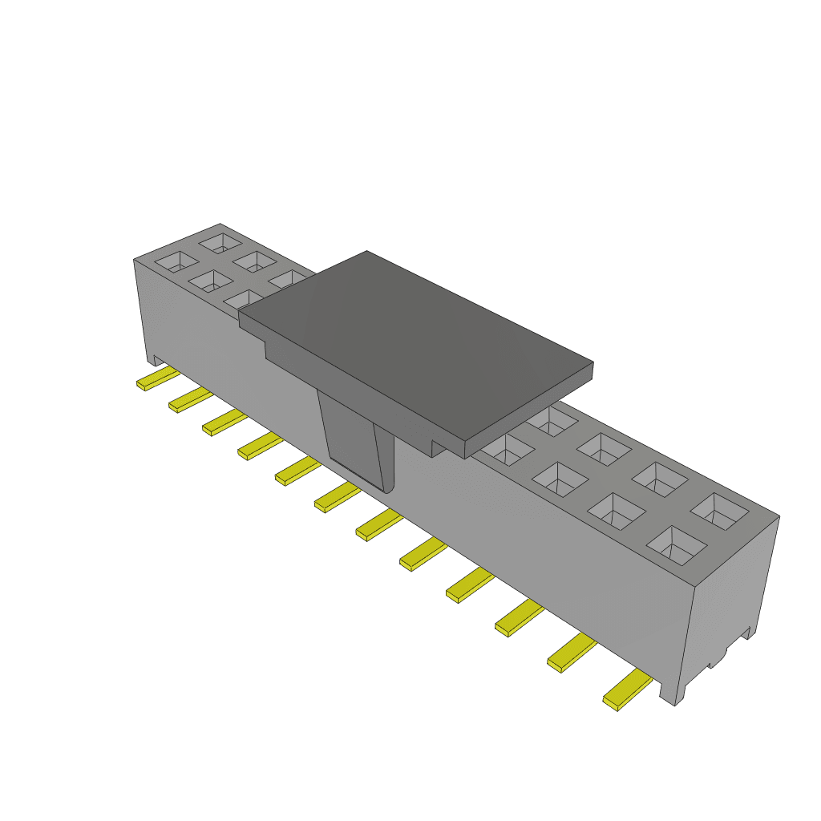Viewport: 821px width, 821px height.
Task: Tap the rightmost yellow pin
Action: tap(627, 690)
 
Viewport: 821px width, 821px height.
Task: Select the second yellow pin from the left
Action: tap(190, 399)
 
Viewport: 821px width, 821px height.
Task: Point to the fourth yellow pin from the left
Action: tap(260, 445)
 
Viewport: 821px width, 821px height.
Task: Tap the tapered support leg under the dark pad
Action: tap(359, 441)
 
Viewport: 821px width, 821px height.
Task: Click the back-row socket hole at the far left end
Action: tap(220, 241)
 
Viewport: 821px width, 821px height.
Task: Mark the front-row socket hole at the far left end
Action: tap(176, 261)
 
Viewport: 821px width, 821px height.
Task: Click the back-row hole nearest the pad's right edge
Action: tap(553, 419)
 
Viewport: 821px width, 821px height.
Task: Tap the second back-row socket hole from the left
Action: tap(256, 261)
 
